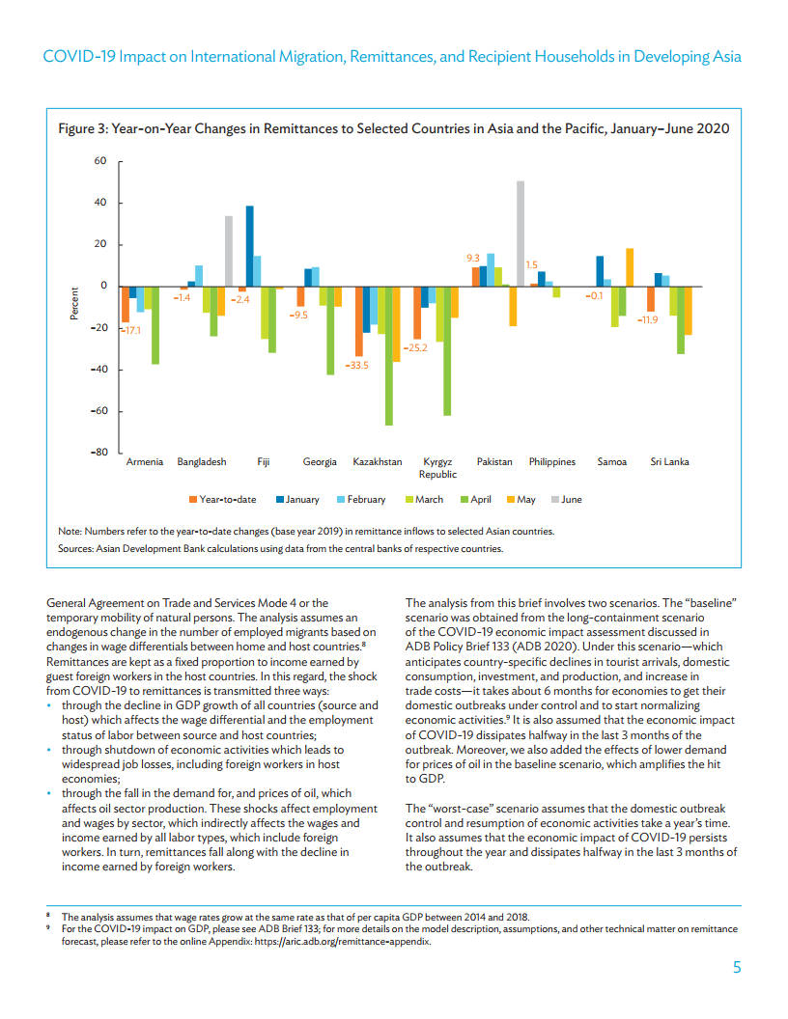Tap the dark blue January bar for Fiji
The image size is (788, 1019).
tap(249, 246)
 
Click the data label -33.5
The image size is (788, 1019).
tap(357, 365)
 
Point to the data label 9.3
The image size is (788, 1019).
tap(473, 258)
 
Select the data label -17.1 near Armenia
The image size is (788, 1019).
tap(130, 330)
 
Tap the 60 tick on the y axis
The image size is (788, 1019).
tap(99, 161)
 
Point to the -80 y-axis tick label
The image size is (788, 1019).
tap(97, 453)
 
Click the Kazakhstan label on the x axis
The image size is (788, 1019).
tap(378, 462)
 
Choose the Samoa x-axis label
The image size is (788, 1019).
tap(612, 462)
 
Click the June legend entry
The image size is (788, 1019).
tap(571, 500)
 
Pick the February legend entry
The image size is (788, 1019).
tap(366, 500)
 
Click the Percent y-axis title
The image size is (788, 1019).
tap(73, 306)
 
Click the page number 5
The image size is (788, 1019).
tap(736, 968)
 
